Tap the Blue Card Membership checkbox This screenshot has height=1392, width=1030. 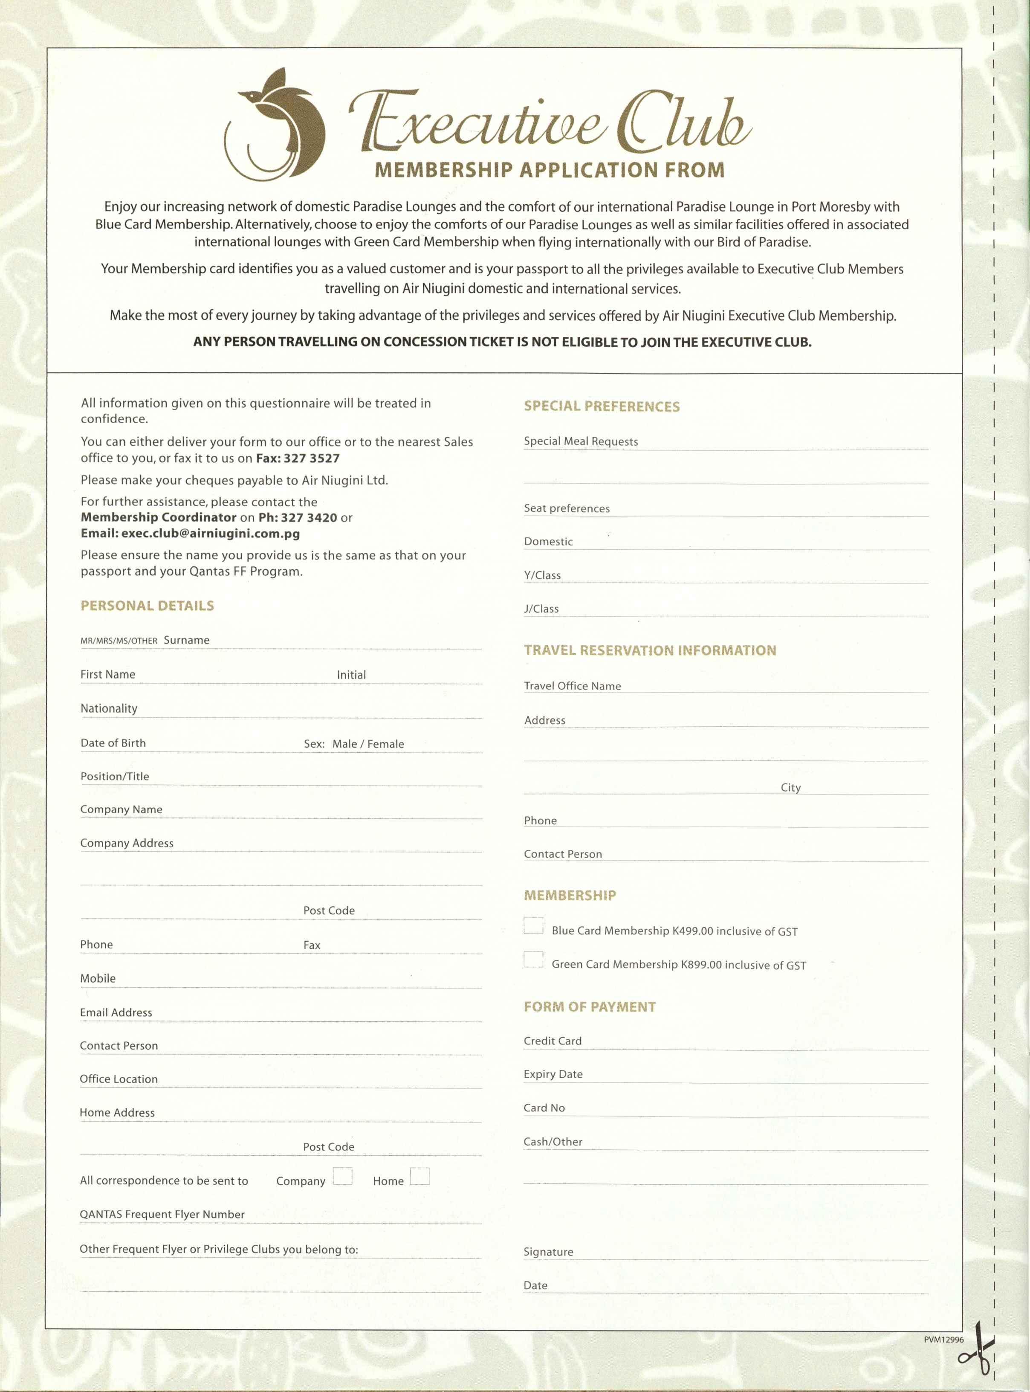(x=533, y=925)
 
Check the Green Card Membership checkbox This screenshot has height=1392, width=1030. (x=533, y=959)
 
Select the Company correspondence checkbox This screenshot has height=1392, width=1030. (x=342, y=1176)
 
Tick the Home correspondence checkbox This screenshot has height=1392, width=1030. (x=420, y=1176)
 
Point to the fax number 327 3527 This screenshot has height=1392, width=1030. (x=311, y=458)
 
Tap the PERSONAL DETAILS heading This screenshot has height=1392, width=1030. (x=147, y=606)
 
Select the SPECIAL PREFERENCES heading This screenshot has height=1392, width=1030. (x=602, y=406)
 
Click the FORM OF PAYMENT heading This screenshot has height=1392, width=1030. (x=590, y=1007)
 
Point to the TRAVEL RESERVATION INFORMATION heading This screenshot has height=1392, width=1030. (x=650, y=650)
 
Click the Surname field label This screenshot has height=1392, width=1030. (x=186, y=641)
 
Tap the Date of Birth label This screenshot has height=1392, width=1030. (x=113, y=743)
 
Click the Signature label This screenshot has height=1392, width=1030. (x=548, y=1252)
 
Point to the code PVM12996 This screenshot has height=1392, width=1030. (x=943, y=1340)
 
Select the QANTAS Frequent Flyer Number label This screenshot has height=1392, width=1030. (x=162, y=1214)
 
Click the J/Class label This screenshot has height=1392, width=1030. (x=541, y=609)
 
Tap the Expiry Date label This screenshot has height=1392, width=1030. (x=553, y=1074)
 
